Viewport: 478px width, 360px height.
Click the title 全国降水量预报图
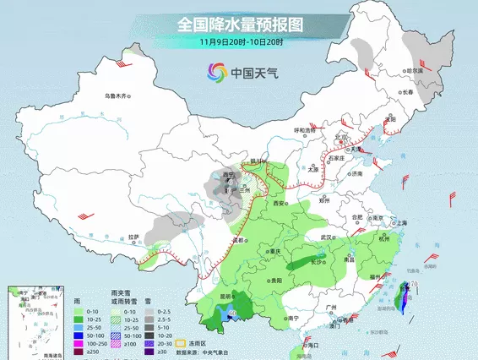pyautogui.click(x=241, y=24)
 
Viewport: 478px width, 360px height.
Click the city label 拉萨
pyautogui.click(x=133, y=237)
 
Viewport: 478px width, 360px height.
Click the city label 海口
pyautogui.click(x=312, y=345)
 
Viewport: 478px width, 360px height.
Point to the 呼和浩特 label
pyautogui.click(x=304, y=129)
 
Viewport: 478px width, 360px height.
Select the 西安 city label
pyautogui.click(x=280, y=204)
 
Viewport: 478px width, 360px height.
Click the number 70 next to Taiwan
pyautogui.click(x=415, y=284)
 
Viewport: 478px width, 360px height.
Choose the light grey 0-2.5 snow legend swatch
pyautogui.click(x=149, y=311)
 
